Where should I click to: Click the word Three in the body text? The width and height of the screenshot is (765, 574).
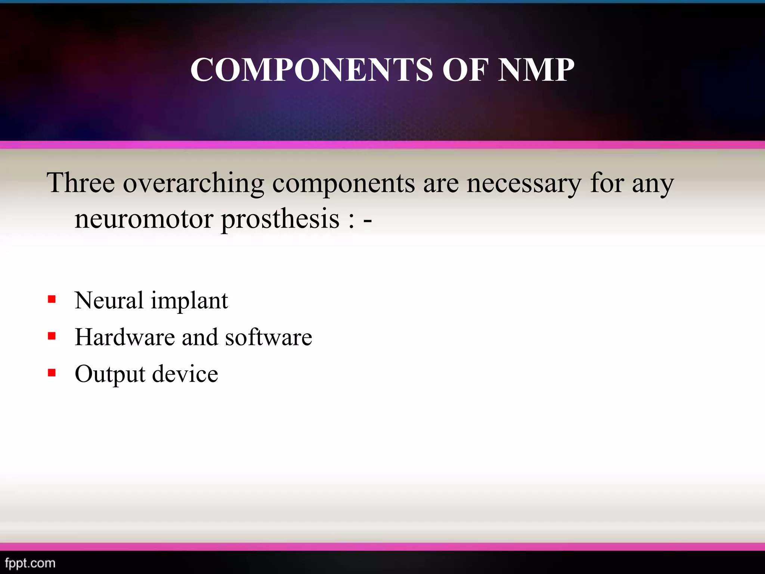pos(81,183)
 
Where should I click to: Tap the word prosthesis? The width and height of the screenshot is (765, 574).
pos(281,219)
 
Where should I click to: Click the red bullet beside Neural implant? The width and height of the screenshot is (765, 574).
pos(52,299)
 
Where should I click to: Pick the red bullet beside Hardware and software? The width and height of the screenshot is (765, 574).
pos(52,336)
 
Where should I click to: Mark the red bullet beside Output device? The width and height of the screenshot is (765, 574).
pos(52,373)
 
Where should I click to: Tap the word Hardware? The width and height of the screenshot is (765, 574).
pos(124,337)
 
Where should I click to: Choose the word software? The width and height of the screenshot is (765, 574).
pos(269,337)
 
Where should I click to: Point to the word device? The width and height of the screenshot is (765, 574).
pos(185,374)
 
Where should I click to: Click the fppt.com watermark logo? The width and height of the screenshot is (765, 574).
pos(30,563)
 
